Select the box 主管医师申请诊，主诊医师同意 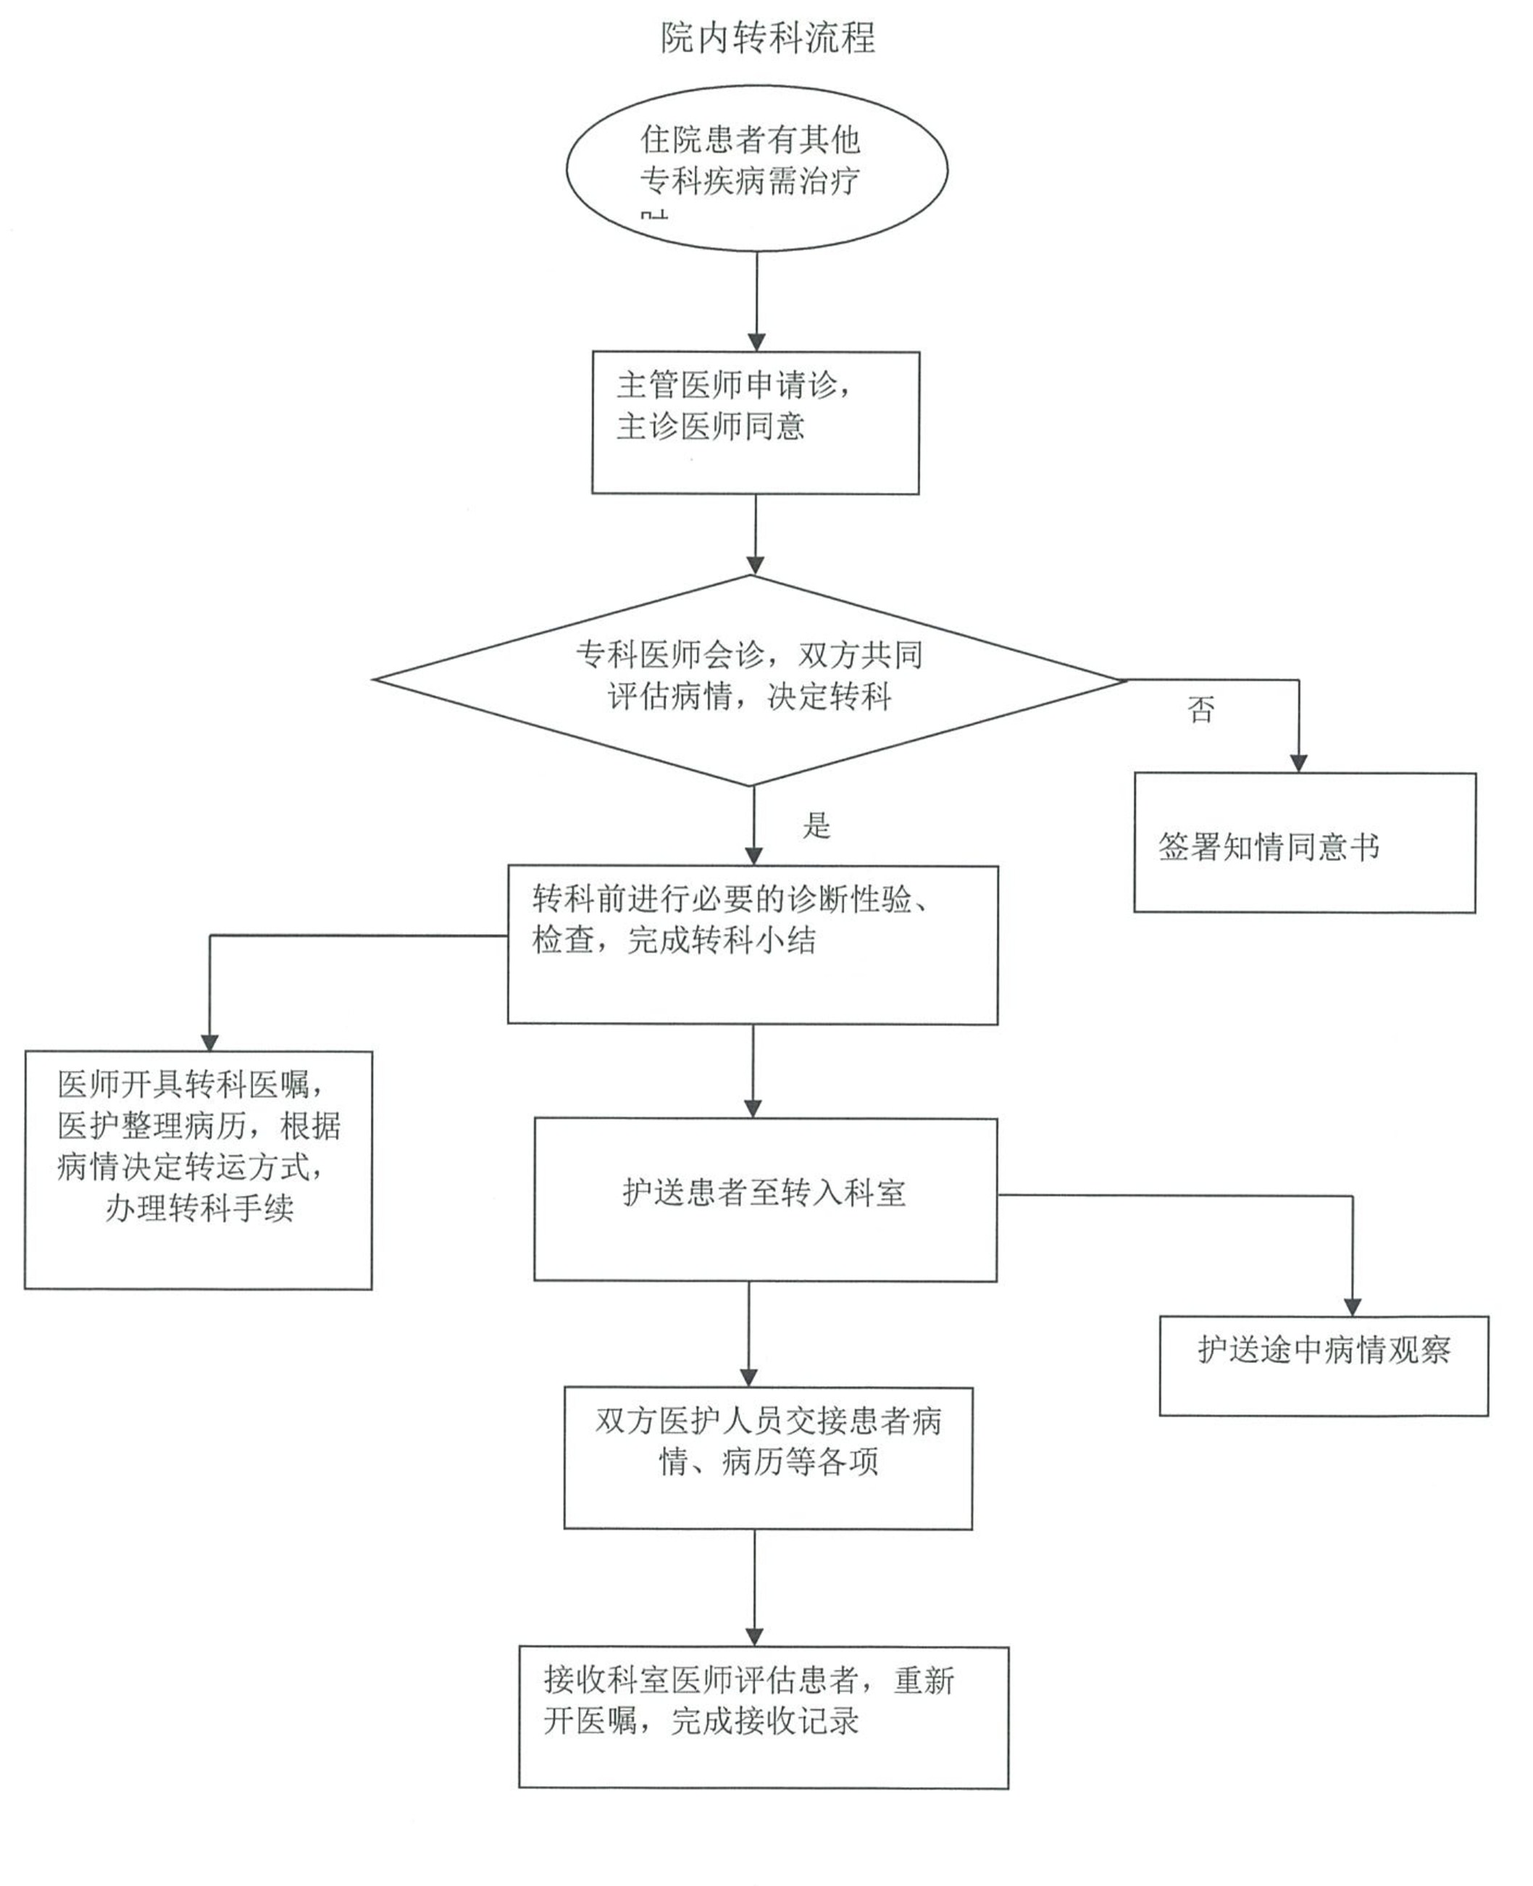pos(755,423)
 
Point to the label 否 pos(1201,709)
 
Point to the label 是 pos(816,825)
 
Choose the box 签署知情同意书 pos(1304,844)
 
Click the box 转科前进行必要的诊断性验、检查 pos(752,945)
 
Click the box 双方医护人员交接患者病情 pos(767,1457)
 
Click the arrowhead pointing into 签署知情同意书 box pos(1298,764)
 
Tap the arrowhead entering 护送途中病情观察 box pos(1352,1308)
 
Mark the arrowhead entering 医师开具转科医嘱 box pos(209,1041)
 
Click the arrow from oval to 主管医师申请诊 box pos(757,300)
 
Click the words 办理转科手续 pos(199,1208)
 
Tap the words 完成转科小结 pos(722,940)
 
